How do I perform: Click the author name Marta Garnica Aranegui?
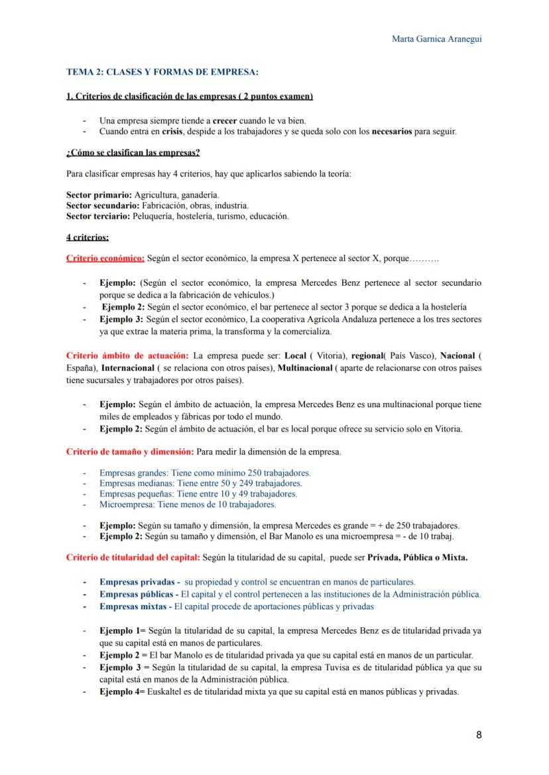(437, 38)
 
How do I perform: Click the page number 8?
(479, 735)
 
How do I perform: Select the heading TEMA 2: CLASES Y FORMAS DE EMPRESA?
(162, 72)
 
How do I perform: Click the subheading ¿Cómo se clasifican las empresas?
(133, 153)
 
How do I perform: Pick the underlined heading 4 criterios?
(88, 237)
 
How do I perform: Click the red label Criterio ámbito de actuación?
(127, 356)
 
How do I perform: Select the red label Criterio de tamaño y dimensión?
(130, 452)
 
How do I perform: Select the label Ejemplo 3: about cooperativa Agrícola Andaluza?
(121, 319)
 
